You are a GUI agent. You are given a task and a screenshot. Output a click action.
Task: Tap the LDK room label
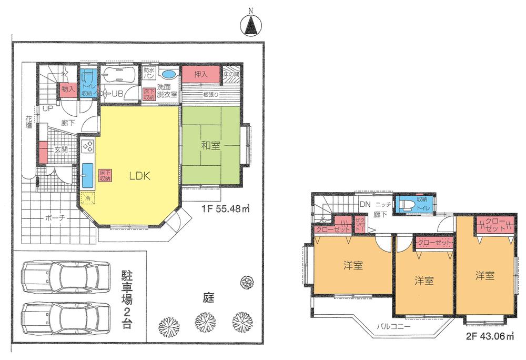tap(140, 177)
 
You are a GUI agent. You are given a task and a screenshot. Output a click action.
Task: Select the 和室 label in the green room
tap(210, 146)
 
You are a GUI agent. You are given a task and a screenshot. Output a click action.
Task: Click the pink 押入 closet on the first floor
tap(200, 74)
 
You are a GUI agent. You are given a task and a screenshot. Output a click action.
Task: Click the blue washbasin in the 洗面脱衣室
tap(168, 74)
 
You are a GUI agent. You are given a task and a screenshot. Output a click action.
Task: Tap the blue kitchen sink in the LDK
tap(87, 175)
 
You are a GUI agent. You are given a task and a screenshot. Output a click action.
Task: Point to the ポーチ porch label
tap(55, 218)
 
